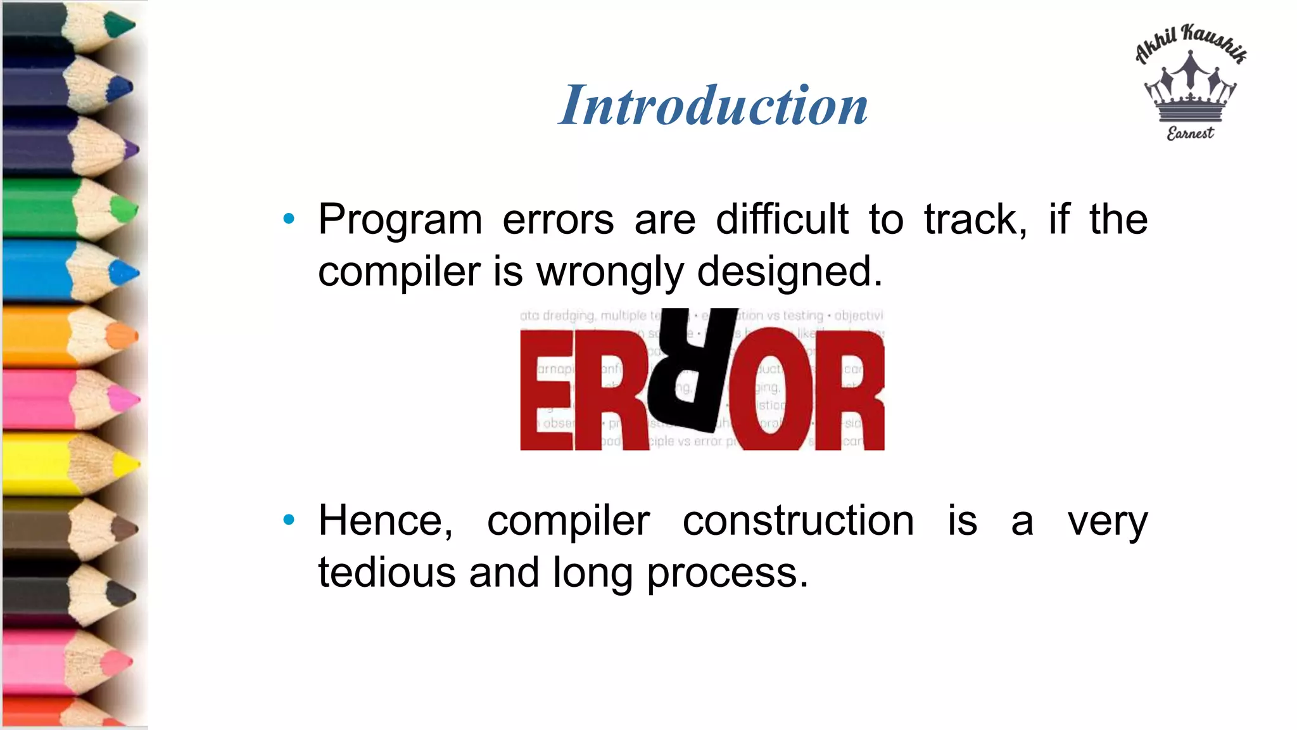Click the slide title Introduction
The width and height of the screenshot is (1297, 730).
[713, 105]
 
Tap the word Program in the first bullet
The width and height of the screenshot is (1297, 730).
[400, 220]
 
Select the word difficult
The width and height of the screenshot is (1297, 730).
[781, 220]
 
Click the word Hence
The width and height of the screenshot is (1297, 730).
[385, 521]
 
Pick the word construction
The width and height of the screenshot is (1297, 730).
[798, 521]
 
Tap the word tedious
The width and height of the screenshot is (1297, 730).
[386, 573]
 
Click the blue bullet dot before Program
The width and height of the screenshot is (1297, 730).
[289, 219]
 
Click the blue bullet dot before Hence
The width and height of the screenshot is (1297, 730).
[289, 520]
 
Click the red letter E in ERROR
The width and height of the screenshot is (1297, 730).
[546, 390]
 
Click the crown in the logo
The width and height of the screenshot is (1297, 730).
[1190, 89]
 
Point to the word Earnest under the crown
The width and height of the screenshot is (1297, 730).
[1190, 134]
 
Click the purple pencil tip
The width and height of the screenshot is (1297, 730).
[131, 150]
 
